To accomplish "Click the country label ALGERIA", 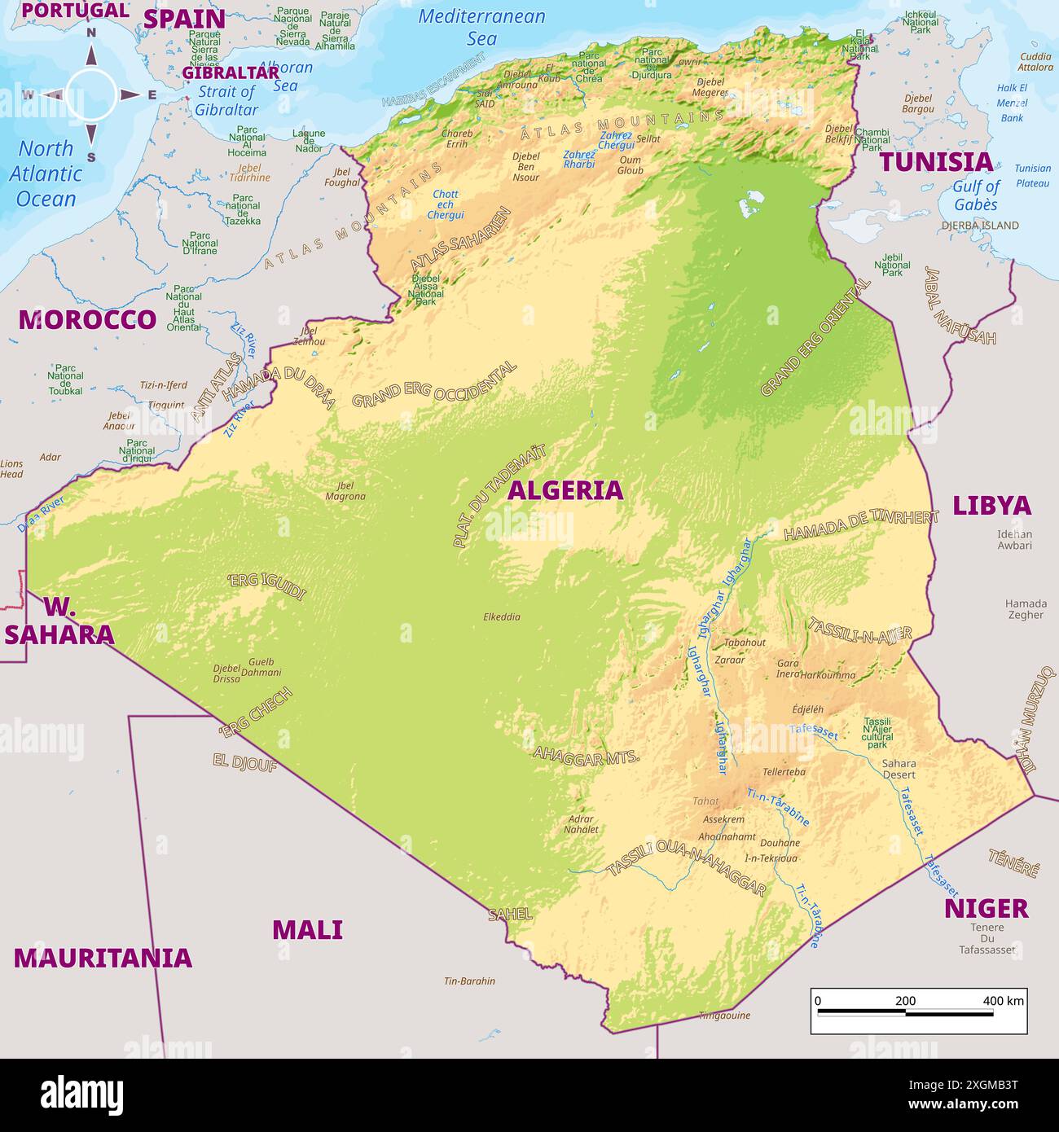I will coord(565,489).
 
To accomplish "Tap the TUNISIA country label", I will coord(936,161).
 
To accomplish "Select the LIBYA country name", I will coord(991,505).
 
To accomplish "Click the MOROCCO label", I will coord(87,319).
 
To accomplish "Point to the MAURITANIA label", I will coord(103,958).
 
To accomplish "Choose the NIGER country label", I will coord(986,908).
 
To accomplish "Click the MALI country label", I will coord(307,929).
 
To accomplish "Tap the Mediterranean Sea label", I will coord(481,27).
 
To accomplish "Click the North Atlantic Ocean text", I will coord(46,173).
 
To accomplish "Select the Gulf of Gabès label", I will coord(976,195).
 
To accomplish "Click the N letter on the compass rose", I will coord(91,33).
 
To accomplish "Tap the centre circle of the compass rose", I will coord(90,95).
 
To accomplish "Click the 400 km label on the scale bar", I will coord(1003,1001).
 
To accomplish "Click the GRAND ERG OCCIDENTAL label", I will coord(434,384).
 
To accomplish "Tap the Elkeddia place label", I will coord(501,616).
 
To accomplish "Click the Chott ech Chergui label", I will coord(446,204).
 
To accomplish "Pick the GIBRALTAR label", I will coord(231,72).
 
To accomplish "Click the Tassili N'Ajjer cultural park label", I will coord(877,733).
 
